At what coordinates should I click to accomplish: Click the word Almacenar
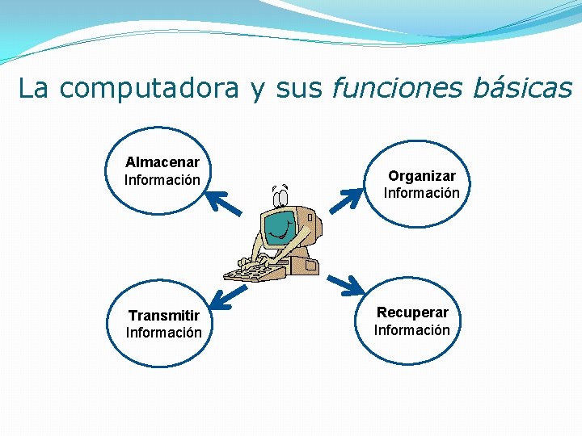162,162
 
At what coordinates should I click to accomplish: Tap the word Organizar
421,176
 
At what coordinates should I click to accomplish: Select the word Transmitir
164,315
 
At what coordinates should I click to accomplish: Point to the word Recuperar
412,312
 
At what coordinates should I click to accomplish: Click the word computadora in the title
149,88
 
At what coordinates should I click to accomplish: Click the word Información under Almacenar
162,179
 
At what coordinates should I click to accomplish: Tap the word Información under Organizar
421,193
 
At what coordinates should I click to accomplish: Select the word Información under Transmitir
164,332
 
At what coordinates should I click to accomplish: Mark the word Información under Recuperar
412,329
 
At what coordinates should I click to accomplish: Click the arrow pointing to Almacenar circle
224,202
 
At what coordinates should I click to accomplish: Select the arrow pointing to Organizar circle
350,201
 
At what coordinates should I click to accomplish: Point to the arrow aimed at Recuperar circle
347,284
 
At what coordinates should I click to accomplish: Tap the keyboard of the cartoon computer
252,270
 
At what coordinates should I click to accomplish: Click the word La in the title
33,88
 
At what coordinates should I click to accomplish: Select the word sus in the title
298,88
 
